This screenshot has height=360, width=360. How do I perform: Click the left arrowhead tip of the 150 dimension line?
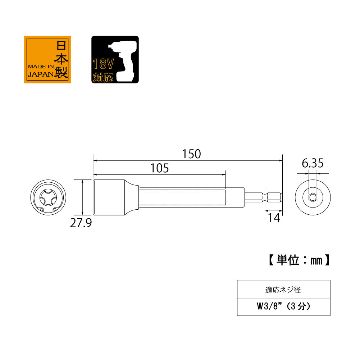click(x=93, y=160)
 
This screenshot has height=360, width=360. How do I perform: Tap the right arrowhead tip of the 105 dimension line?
click(x=225, y=174)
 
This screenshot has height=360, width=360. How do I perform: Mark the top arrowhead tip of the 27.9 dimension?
click(x=83, y=180)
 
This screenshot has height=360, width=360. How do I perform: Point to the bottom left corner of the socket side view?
click(x=93, y=215)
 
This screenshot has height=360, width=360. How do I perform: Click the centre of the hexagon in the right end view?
click(x=313, y=197)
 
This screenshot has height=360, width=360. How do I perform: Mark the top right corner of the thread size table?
click(x=330, y=280)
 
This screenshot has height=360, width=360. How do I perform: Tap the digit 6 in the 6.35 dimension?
click(x=305, y=163)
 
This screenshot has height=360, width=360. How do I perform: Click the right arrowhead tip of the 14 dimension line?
click(x=282, y=210)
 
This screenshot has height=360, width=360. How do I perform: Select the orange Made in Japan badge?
click(x=47, y=59)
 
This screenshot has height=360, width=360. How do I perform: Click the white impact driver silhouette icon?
click(x=123, y=60)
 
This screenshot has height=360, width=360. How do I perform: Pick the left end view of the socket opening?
click(x=48, y=197)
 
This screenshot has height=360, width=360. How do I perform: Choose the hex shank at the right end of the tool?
click(x=263, y=197)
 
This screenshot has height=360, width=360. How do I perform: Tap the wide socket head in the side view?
click(x=109, y=197)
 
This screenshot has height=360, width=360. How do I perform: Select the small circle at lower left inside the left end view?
click(x=42, y=210)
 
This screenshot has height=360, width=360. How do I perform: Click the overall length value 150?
click(x=191, y=154)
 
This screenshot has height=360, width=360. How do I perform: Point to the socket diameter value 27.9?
click(x=81, y=223)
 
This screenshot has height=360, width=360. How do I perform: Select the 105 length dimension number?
click(x=160, y=168)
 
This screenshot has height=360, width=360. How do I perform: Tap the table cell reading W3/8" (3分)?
click(x=283, y=307)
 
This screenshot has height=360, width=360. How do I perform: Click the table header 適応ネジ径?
click(x=283, y=290)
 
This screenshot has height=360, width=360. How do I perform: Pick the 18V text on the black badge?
click(x=103, y=64)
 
